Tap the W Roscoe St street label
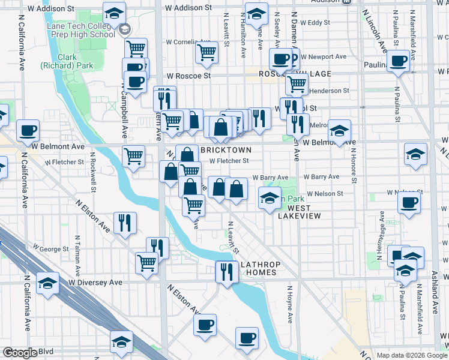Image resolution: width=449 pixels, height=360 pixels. point(188,76)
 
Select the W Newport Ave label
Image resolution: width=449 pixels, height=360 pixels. point(324,57)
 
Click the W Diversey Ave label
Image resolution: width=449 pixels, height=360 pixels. point(94,281)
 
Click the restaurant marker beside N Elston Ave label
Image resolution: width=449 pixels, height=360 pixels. point(125,223)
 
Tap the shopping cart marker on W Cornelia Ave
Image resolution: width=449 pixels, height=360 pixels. point(206,53)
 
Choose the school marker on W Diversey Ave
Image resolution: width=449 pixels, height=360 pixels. point(47,284)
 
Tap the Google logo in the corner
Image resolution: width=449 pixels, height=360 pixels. point(20,353)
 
